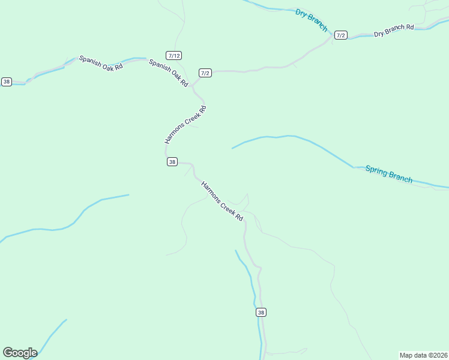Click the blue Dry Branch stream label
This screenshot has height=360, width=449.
coord(312,20)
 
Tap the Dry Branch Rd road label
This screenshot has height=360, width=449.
coord(394,31)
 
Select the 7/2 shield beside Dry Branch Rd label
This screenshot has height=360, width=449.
coord(341,35)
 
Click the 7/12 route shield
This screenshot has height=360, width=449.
coord(174,55)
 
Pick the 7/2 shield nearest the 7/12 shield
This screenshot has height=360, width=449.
coord(205,73)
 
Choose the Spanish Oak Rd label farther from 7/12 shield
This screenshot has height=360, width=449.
coord(101,63)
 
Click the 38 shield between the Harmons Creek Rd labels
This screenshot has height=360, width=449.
coord(172,162)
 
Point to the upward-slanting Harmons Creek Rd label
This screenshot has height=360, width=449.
coord(186,125)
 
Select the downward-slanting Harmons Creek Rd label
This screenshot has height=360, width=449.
coord(222,200)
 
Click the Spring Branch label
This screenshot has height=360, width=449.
coord(389,174)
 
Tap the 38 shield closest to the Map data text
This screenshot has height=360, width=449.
coord(261,313)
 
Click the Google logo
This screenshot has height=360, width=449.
coord(20,353)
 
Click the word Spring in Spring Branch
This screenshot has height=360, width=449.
coord(376,171)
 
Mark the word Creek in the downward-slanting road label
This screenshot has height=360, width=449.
coord(227,206)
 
